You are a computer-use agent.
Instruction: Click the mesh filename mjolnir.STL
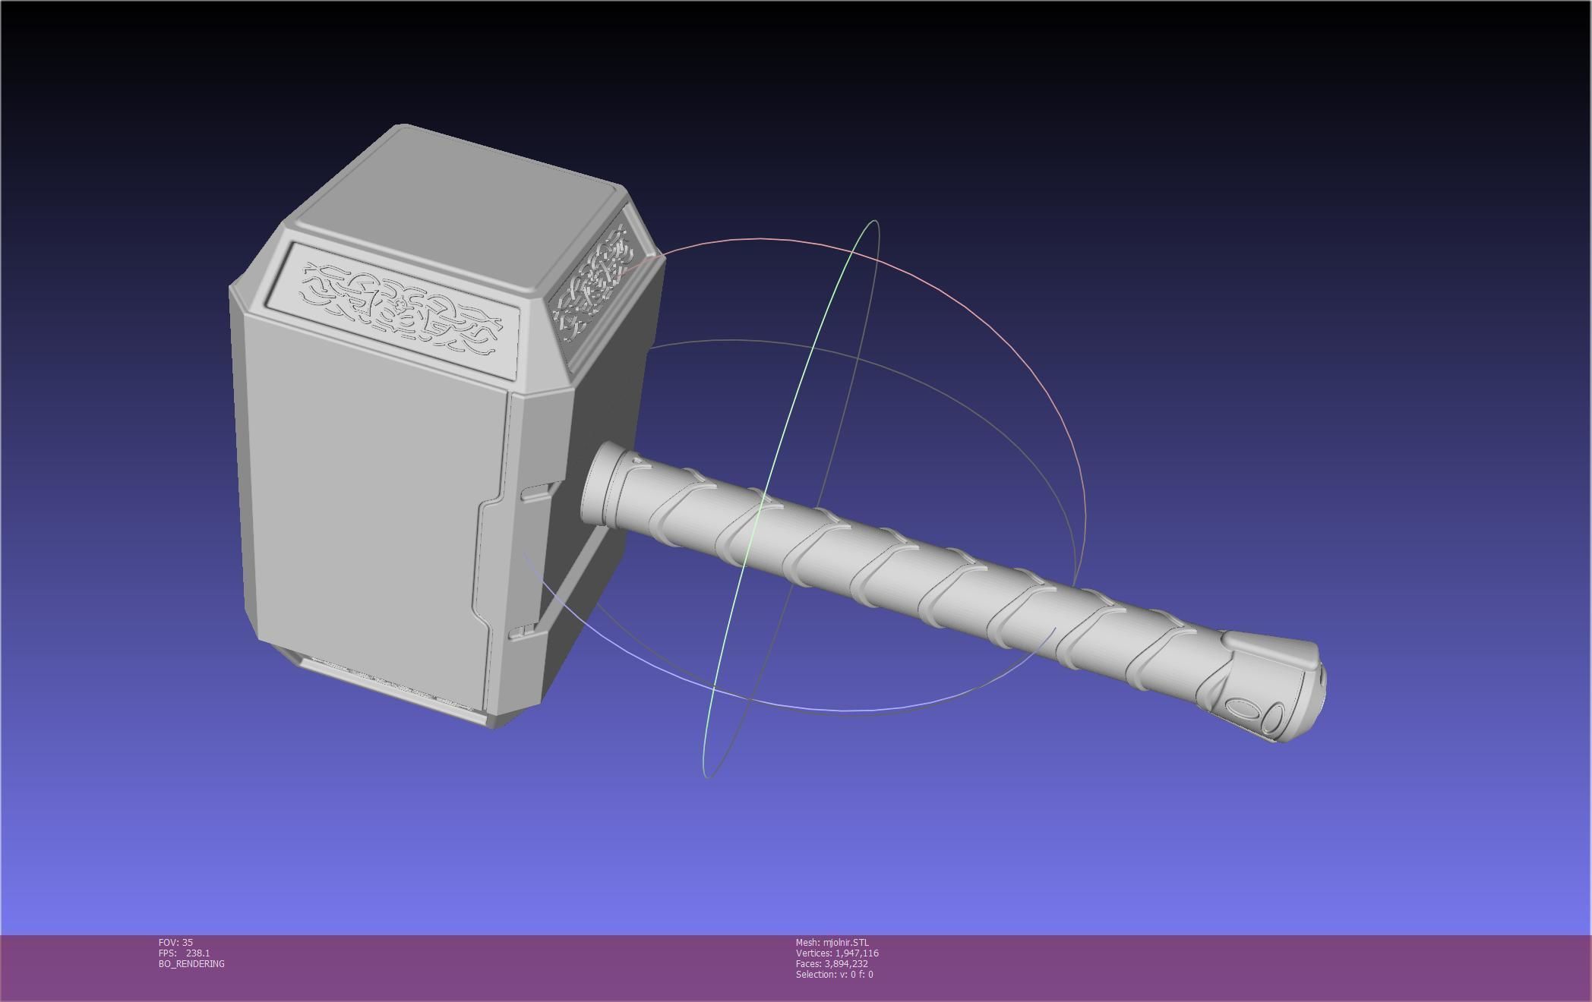[845, 943]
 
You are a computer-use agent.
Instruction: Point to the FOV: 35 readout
[175, 943]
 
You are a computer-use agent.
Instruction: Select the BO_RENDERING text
[191, 964]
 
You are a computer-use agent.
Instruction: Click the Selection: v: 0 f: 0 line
[834, 975]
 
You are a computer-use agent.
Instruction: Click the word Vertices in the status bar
[813, 953]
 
